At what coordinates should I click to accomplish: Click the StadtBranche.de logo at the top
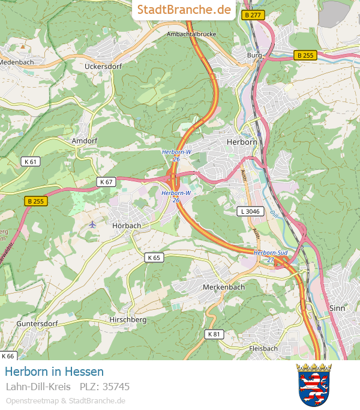184,10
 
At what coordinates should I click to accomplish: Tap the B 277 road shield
253,15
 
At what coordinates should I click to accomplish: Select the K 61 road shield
30,161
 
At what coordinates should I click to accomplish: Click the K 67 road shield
106,181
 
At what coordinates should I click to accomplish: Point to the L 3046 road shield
250,211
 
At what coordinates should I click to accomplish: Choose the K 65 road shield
154,258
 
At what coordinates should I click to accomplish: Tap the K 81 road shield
214,334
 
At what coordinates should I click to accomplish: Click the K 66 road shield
7,356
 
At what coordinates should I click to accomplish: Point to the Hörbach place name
127,226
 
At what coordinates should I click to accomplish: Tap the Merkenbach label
224,287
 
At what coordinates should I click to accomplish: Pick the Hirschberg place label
128,320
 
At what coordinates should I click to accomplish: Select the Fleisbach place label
263,348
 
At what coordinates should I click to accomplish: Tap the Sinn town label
338,308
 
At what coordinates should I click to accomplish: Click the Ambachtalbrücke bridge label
191,34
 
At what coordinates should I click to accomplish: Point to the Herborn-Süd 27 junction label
271,256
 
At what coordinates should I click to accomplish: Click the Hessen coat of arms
314,385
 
